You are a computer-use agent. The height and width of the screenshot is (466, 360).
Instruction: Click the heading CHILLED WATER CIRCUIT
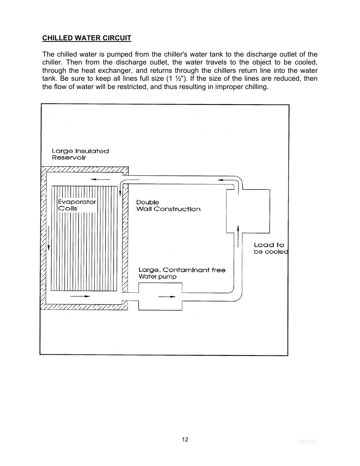pos(86,38)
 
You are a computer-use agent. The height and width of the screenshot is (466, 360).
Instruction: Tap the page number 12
pos(185,439)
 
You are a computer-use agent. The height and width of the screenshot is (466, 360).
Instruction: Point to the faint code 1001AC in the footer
pos(308,441)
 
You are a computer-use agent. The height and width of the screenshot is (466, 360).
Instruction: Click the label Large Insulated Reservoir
pos(80,154)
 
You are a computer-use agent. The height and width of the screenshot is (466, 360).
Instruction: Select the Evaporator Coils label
pos(77,205)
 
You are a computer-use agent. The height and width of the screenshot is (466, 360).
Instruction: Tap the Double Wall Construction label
pos(168,206)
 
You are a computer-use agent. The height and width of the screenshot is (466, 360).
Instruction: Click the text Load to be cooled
pos(270,248)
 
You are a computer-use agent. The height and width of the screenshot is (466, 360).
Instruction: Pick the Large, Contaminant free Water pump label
pos(182,273)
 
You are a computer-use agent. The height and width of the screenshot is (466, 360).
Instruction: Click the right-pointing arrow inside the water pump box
pos(167,297)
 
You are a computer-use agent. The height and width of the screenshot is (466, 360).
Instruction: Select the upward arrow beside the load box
pos(238,236)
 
